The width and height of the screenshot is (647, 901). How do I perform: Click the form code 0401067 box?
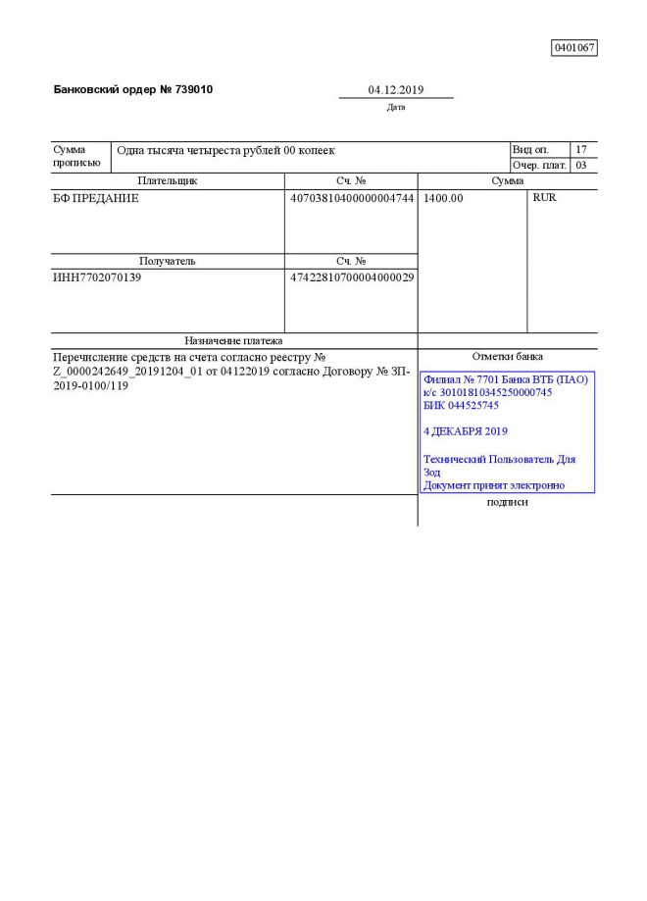click(574, 47)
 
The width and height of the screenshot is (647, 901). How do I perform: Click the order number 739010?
click(193, 89)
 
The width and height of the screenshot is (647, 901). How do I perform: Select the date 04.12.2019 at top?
click(395, 90)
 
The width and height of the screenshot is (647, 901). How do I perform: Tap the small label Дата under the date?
click(396, 108)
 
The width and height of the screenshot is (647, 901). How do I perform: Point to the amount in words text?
click(225, 151)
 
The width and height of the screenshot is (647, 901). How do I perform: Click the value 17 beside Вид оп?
click(581, 150)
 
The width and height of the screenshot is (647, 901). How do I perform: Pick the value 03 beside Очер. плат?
click(581, 166)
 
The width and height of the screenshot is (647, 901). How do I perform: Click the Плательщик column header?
click(168, 181)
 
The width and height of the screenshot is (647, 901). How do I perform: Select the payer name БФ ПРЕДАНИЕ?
click(96, 198)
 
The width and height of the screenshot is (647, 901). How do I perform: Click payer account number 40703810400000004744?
click(352, 198)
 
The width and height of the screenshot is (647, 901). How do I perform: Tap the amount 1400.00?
click(443, 198)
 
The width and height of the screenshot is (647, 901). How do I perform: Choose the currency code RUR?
click(544, 198)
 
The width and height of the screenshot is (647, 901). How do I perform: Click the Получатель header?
click(168, 262)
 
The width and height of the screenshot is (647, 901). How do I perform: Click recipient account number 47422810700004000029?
click(352, 277)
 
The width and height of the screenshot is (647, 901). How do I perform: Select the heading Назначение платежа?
click(233, 340)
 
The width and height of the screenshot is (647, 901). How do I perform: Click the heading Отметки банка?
click(507, 357)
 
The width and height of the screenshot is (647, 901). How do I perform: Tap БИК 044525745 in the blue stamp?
click(461, 405)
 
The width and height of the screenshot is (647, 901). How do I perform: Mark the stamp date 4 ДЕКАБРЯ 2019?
click(465, 431)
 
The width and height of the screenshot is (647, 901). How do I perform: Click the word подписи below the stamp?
click(507, 503)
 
